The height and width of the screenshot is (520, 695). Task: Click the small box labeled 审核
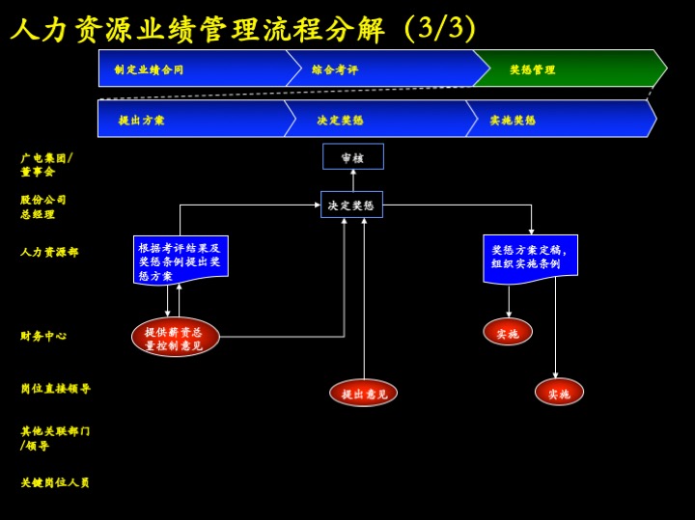click(352, 157)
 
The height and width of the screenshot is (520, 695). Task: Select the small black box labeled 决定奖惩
click(351, 205)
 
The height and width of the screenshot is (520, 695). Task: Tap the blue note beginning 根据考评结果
click(181, 260)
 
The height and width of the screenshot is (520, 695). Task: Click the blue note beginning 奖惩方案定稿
click(530, 258)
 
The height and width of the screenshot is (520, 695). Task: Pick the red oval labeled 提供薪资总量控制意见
click(175, 338)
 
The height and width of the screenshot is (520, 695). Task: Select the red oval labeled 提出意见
click(363, 393)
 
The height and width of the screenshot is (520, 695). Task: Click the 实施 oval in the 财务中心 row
click(508, 333)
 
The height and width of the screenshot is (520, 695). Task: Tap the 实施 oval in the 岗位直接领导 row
click(559, 393)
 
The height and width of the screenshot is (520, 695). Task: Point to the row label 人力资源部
click(49, 252)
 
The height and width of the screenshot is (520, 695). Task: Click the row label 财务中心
click(43, 336)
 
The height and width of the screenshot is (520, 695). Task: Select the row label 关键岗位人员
click(55, 482)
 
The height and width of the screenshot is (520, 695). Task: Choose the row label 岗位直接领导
click(55, 389)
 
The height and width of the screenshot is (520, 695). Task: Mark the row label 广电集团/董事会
click(45, 164)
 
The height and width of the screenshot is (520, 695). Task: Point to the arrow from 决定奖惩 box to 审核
click(352, 180)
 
